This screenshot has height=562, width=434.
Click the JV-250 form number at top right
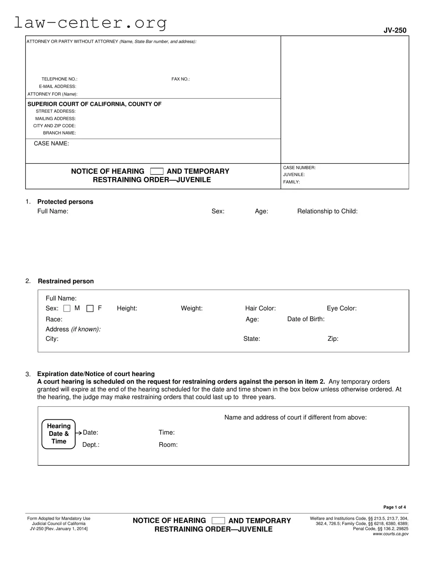click(x=395, y=30)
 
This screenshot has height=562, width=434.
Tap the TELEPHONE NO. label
click(x=59, y=79)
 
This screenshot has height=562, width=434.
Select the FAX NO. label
click(x=180, y=79)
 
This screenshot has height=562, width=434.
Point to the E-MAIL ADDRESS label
click(x=58, y=86)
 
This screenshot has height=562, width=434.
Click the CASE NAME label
click(x=51, y=143)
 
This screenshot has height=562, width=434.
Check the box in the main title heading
click(x=157, y=171)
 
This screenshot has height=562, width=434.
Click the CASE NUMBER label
click(x=299, y=168)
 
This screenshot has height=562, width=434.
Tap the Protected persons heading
click(x=65, y=202)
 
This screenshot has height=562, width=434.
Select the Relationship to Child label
click(x=327, y=211)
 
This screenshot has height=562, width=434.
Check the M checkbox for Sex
click(x=67, y=309)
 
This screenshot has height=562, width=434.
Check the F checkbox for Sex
click(x=90, y=309)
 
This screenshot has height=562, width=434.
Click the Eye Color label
click(x=341, y=308)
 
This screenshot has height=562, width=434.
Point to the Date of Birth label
click(x=306, y=319)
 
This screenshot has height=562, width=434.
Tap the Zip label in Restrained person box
click(x=333, y=339)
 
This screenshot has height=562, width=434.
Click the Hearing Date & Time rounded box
click(x=59, y=434)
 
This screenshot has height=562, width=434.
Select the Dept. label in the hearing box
click(x=91, y=445)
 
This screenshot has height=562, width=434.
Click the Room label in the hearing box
click(x=168, y=445)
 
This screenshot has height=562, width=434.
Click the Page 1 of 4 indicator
click(x=394, y=507)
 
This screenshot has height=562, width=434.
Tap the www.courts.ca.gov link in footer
click(x=390, y=534)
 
